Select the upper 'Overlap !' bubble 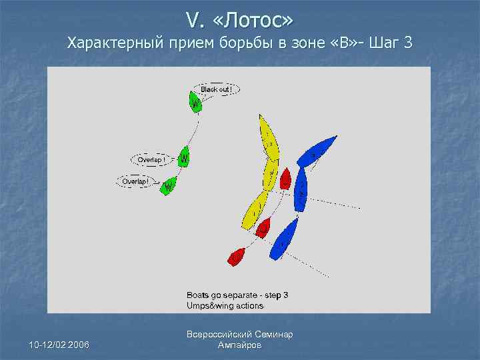point(152,159)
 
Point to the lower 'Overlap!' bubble point(135,181)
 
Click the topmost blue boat point(316,151)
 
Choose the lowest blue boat point(283,239)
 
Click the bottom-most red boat point(237,256)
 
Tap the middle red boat point(264,227)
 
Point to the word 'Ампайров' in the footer point(240,345)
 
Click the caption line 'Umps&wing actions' point(225,306)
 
